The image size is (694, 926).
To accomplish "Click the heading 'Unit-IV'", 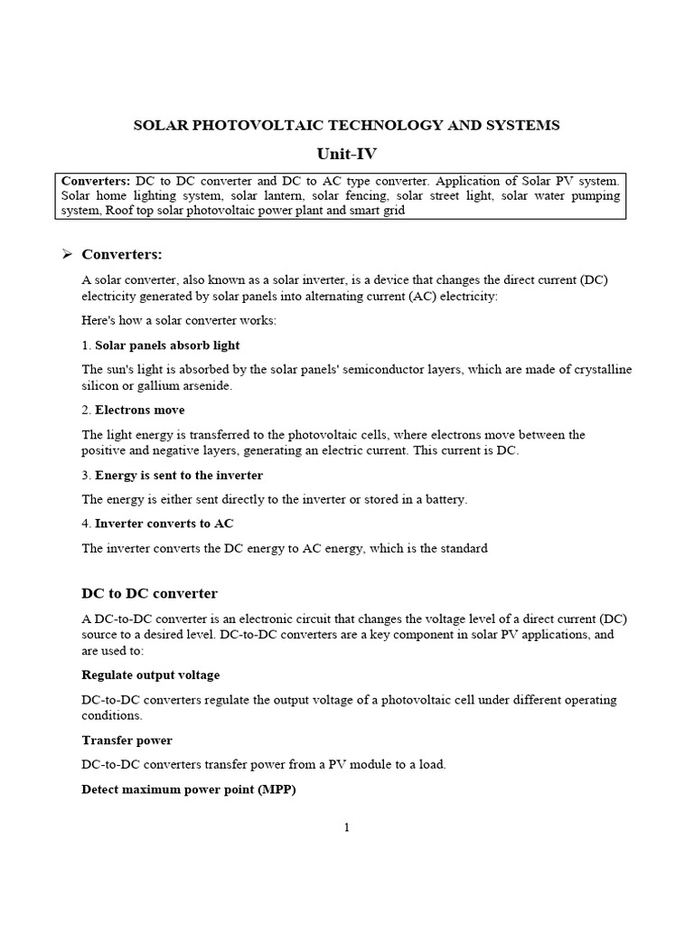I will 347,153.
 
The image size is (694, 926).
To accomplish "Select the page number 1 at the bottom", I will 346,827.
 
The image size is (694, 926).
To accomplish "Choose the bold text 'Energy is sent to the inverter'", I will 179,475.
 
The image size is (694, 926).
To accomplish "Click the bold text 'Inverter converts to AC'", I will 164,524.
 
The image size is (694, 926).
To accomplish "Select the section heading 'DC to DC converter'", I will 149,593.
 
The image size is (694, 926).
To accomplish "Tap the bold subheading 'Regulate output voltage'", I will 150,675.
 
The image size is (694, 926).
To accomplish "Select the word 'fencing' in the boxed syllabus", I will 378,195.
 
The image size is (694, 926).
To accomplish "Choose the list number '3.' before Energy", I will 87,475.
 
